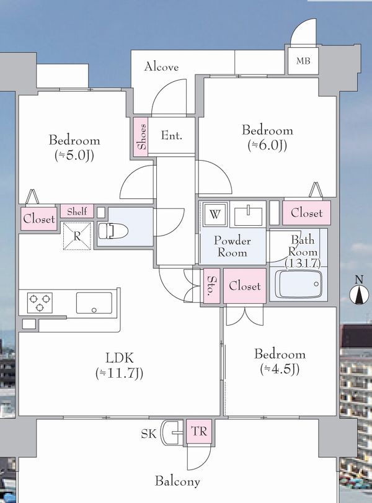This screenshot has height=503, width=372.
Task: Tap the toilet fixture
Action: click(113, 230)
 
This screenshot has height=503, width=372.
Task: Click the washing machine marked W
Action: click(215, 215)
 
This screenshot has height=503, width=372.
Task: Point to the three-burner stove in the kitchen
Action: click(40, 303)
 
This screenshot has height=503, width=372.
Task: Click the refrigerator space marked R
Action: click(77, 236)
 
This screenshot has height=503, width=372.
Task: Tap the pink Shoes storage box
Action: click(141, 137)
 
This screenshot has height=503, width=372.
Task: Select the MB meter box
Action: click(303, 61)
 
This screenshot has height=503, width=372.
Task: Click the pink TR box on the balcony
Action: click(199, 432)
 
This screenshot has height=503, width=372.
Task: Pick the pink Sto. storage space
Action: click(211, 286)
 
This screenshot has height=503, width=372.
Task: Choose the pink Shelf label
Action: click(77, 211)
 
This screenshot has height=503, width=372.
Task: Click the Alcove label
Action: click(161, 67)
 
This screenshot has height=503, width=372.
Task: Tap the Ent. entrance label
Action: click(172, 135)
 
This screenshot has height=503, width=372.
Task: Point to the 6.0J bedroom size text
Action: click(267, 145)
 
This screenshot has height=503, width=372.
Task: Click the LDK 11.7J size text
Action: click(119, 373)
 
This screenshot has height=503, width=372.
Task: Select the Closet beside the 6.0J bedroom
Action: click(306, 213)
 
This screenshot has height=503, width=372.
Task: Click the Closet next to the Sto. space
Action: click(245, 286)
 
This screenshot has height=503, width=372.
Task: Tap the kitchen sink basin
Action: click(94, 303)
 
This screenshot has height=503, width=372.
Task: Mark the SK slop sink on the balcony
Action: click(172, 432)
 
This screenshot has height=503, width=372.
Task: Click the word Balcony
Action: click(177, 481)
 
